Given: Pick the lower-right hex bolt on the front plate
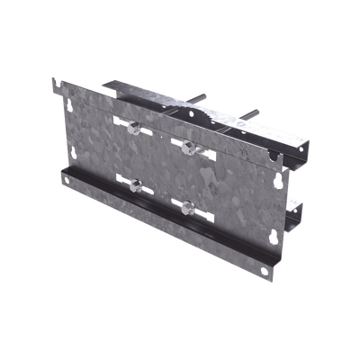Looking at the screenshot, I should tap(186, 208).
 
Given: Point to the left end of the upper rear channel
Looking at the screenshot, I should tap(105, 86).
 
